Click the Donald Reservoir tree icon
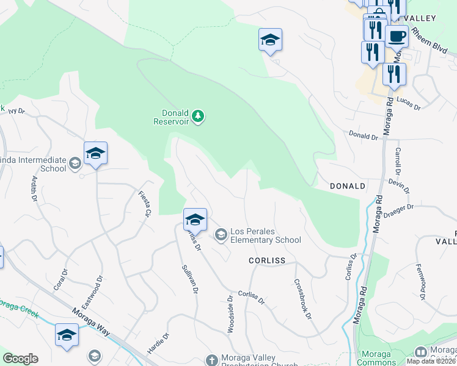pyautogui.click(x=197, y=117)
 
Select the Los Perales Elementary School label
pyautogui.click(x=265, y=236)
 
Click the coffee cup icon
pyautogui.click(x=397, y=36)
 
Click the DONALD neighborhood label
pyautogui.click(x=347, y=185)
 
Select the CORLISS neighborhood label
pyautogui.click(x=267, y=260)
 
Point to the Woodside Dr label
pyautogui.click(x=231, y=315)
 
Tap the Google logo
pyautogui.click(x=20, y=359)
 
